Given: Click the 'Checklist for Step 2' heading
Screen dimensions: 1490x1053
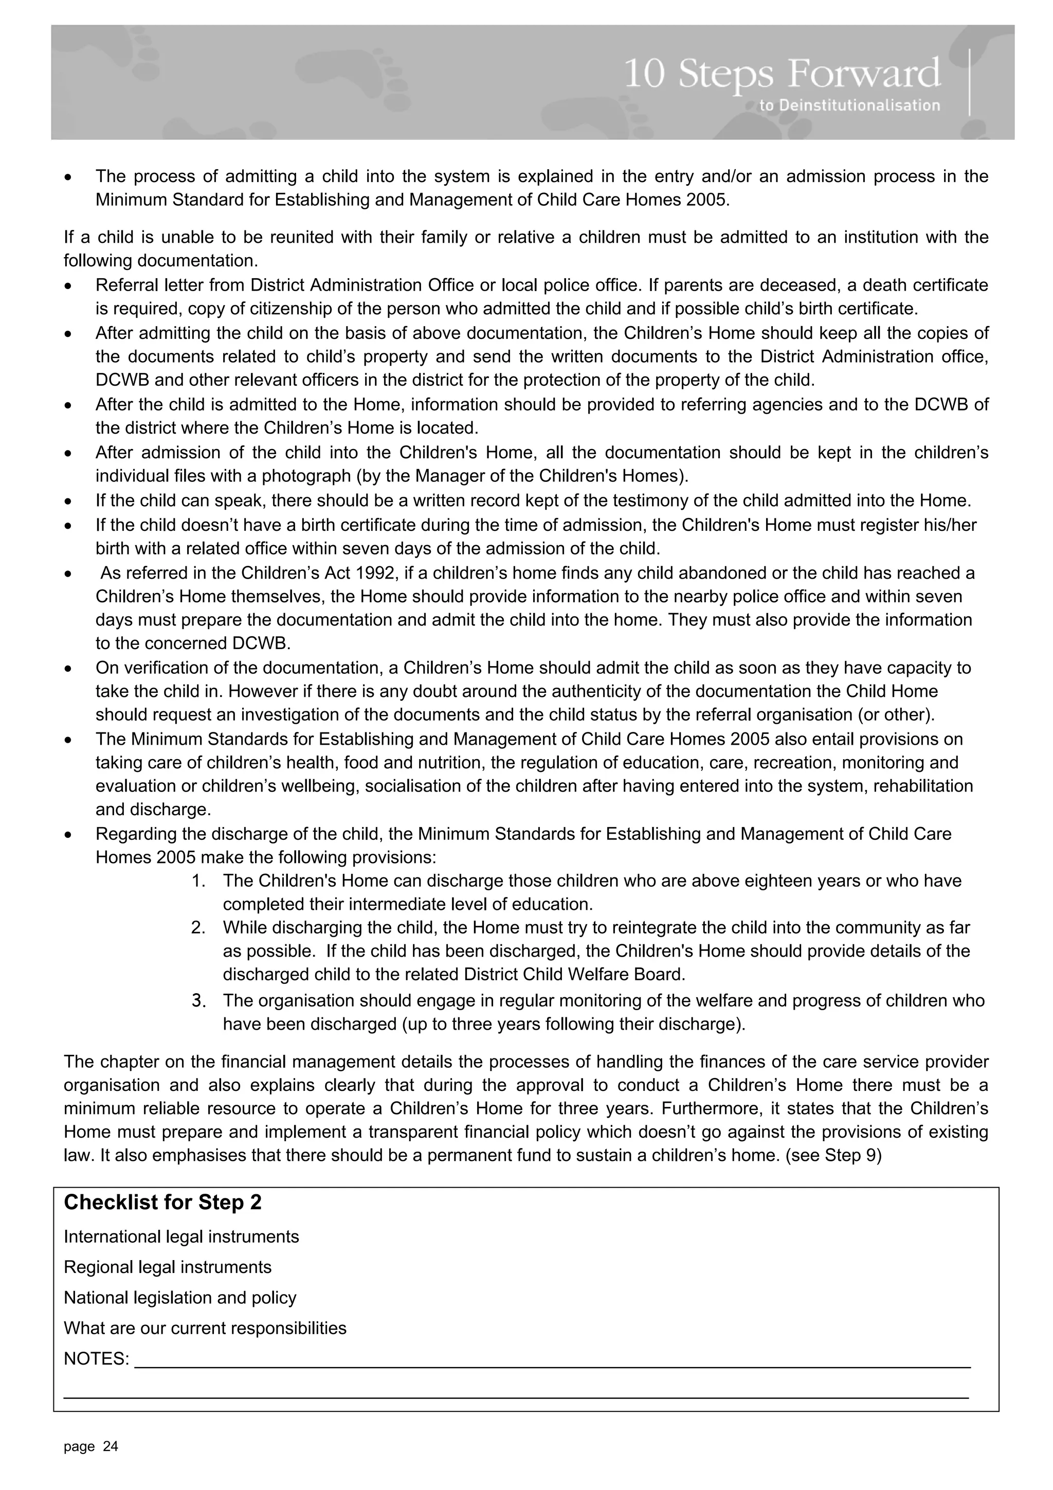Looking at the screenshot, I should pos(163,1202).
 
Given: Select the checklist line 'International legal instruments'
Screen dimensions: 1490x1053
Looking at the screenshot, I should pos(181,1237).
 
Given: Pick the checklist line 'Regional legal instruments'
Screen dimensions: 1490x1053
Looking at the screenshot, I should pos(168,1267).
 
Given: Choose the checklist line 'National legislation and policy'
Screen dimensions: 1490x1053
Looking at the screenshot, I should pos(180,1298).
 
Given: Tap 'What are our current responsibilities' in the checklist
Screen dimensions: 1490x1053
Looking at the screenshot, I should pos(205,1329).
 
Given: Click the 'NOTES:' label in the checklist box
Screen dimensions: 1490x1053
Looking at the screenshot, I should pos(97,1359).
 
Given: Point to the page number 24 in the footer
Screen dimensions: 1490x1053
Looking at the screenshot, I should pos(111,1446).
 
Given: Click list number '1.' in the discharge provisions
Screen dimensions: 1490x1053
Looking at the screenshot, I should pos(198,881).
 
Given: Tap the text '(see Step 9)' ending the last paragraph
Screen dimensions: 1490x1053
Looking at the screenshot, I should pos(833,1156).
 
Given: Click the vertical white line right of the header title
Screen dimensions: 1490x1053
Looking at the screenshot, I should pos(969,82).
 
